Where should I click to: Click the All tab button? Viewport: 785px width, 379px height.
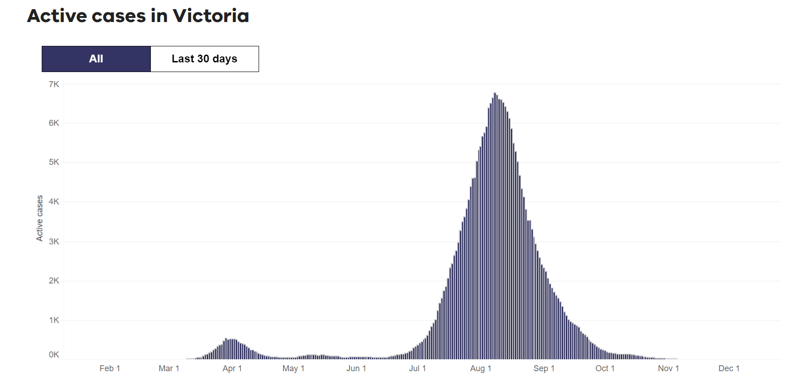96,59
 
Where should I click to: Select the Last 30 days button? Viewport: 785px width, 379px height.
205,59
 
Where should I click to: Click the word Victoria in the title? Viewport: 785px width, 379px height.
210,16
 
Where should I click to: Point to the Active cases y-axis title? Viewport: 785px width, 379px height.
40,218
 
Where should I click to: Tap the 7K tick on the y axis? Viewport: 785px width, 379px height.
54,84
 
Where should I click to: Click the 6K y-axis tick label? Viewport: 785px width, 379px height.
54,123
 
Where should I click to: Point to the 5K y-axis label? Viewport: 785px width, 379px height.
54,162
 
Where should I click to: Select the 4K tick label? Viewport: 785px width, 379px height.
54,201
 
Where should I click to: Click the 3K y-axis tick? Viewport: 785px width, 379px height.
54,241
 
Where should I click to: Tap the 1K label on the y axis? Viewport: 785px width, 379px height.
54,320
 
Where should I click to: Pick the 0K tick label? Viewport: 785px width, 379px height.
54,355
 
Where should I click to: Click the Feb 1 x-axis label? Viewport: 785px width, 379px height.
110,368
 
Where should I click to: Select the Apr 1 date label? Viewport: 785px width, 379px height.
232,368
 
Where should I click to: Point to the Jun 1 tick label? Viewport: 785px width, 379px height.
356,368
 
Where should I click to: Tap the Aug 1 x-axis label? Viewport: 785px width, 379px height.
481,368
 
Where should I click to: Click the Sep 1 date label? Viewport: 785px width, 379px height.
544,368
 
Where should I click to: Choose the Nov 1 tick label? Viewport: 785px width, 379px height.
668,368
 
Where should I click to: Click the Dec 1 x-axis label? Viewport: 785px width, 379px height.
729,368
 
